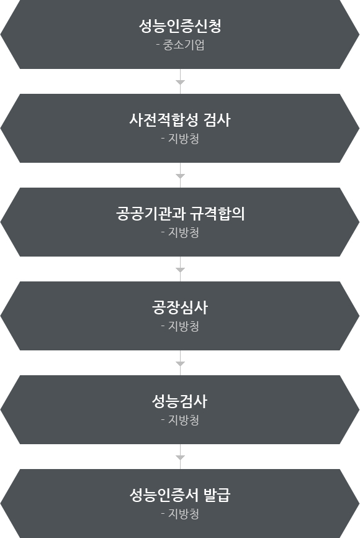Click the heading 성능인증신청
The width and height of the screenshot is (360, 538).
180,26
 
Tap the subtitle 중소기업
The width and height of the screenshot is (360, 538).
184,45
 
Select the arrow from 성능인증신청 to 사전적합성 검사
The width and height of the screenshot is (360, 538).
180,81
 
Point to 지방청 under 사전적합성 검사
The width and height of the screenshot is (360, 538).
184,139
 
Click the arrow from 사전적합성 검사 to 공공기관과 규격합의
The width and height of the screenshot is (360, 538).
180,175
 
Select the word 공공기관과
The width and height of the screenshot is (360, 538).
149,214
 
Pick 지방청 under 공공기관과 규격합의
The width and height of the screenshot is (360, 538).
184,232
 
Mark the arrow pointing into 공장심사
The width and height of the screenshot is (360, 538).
180,269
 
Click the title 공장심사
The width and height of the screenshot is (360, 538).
180,308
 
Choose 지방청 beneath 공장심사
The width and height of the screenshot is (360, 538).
184,326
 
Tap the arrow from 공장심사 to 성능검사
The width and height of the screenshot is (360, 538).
180,363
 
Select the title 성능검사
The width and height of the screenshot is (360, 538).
180,401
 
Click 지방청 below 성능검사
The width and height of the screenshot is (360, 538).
184,420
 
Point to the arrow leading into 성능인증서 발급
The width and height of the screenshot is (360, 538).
180,457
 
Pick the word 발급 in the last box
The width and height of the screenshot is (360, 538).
217,495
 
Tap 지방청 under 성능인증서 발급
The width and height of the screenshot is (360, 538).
184,514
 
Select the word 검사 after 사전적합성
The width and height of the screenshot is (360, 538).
217,120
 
